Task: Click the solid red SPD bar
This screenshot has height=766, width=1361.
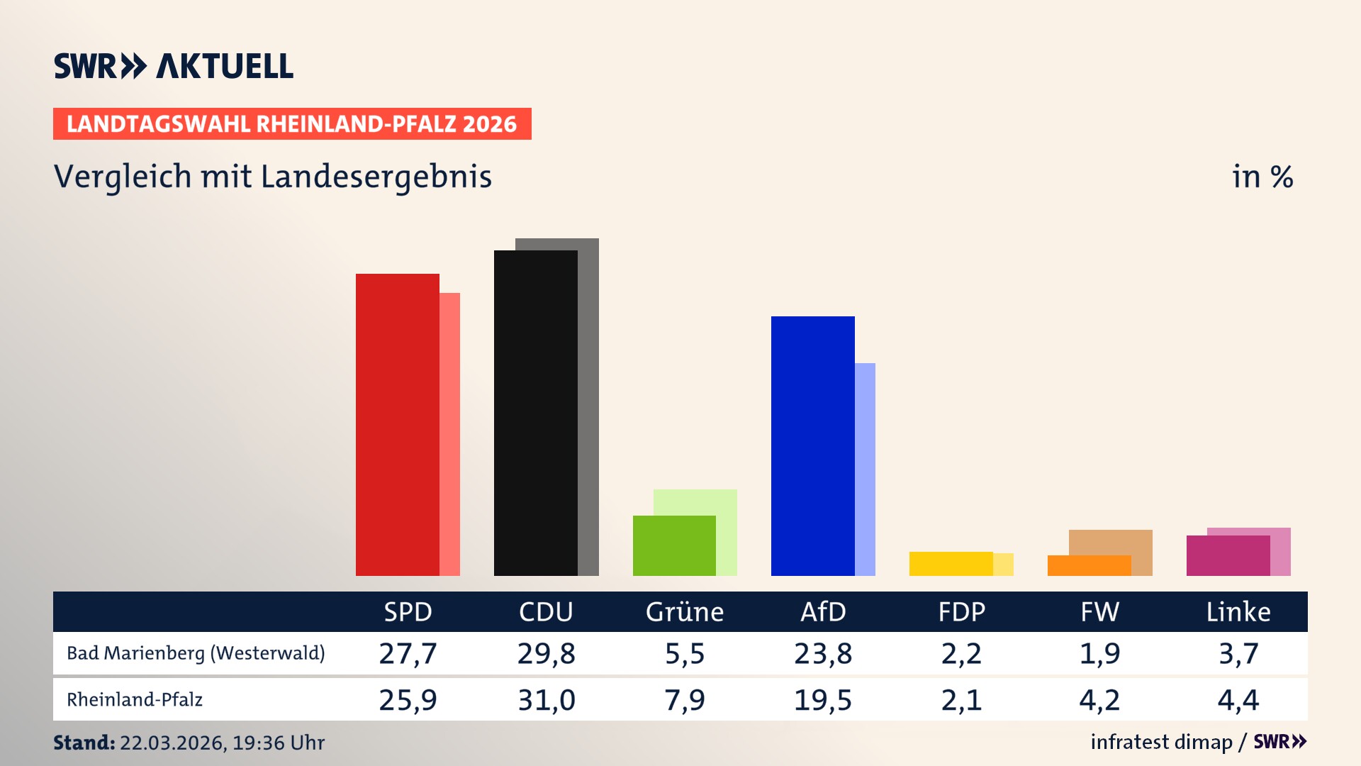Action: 397,426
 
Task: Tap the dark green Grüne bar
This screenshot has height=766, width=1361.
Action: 673,546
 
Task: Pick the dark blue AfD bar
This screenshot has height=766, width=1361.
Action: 812,447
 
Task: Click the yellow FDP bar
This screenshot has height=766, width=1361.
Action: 951,564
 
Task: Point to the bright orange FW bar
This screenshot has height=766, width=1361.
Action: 1089,566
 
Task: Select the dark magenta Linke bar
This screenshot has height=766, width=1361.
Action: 1228,556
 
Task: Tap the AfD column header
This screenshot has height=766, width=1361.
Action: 823,611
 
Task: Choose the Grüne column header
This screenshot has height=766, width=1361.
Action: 685,611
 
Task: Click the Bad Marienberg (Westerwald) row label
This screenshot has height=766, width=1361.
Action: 196,653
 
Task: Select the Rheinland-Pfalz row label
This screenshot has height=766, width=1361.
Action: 135,700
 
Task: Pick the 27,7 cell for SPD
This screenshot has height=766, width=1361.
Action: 408,653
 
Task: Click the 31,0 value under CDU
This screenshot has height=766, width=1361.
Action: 546,700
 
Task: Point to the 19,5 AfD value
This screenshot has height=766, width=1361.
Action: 823,700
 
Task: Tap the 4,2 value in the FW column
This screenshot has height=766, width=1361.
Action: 1099,700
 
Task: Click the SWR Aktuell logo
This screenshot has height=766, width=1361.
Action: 174,66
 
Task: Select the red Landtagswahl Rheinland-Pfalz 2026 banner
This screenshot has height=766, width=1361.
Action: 292,124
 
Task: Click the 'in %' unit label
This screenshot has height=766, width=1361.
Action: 1262,177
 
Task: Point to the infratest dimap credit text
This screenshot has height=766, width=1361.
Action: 1161,742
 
